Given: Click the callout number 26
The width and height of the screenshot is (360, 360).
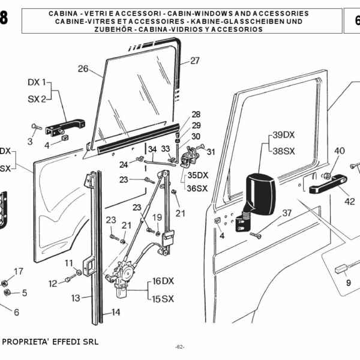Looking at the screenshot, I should click(x=83, y=68).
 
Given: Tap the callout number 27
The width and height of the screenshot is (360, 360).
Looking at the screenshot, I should click(x=194, y=60).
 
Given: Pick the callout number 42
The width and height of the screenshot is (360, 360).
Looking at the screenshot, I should click(x=349, y=202).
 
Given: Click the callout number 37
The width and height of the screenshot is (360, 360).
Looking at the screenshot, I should click(x=287, y=212).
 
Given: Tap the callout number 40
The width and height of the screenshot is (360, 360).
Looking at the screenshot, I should click(x=339, y=151).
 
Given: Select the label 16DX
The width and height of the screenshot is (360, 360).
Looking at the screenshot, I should click(x=163, y=281).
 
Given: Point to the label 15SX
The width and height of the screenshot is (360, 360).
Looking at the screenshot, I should click(x=163, y=298).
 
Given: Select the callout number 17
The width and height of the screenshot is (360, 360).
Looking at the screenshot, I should click(x=19, y=271).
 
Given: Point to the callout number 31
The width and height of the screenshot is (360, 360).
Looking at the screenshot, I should click(x=210, y=152).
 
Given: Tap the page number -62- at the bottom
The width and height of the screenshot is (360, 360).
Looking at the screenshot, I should click(x=180, y=347).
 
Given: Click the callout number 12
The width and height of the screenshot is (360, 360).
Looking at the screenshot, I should click(x=53, y=283).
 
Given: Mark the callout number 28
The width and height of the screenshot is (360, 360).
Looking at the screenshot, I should click(x=196, y=114).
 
